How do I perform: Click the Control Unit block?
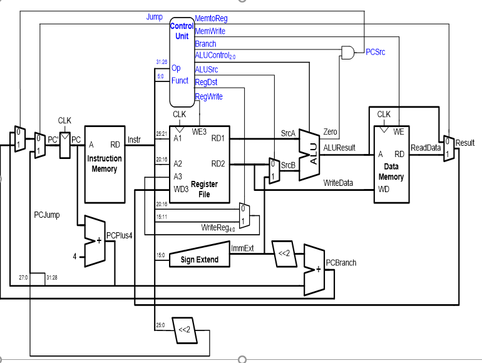(x=182, y=62)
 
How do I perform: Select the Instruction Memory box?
(x=105, y=165)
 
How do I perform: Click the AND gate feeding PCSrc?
(x=347, y=53)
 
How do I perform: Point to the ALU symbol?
(x=310, y=155)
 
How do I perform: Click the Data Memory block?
(x=391, y=165)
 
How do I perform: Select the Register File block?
(x=200, y=165)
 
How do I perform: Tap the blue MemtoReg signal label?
(x=211, y=18)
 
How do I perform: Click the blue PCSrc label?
(x=376, y=52)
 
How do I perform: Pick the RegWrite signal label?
(x=208, y=96)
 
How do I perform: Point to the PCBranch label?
(x=341, y=263)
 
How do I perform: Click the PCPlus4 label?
(x=120, y=236)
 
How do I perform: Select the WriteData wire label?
(x=338, y=183)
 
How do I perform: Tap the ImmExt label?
(x=242, y=248)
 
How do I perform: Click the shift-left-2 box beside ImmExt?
(x=284, y=253)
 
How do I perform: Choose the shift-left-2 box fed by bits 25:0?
(x=185, y=330)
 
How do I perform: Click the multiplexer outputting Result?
(x=449, y=148)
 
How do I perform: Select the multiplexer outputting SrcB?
(x=274, y=171)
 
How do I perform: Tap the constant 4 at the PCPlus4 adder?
(x=74, y=257)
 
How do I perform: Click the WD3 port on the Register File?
(x=181, y=190)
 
